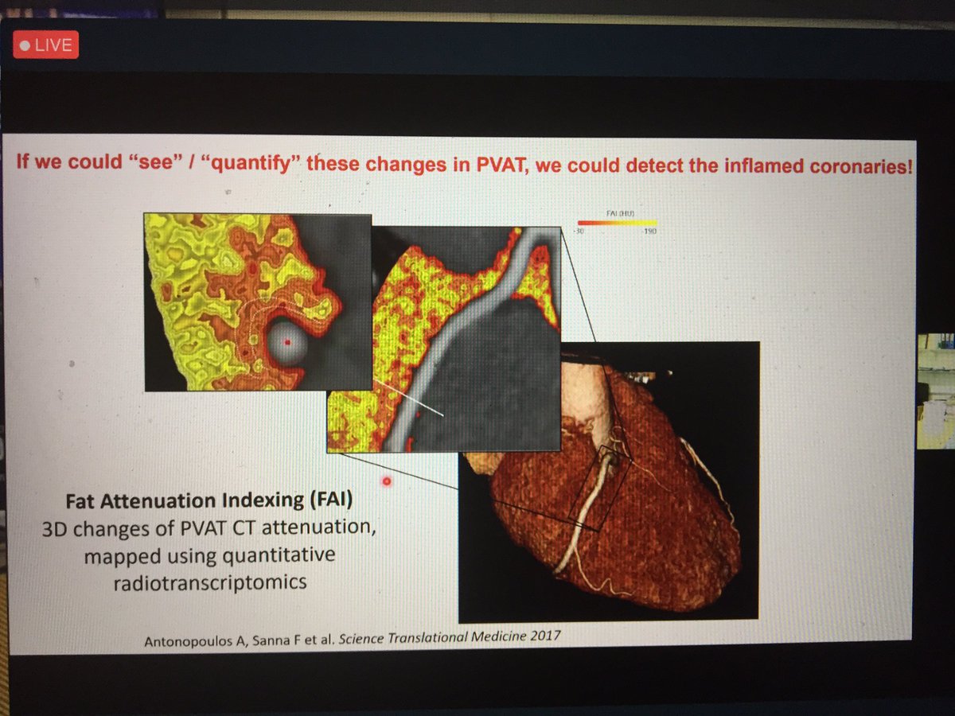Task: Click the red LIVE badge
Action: click(45, 45)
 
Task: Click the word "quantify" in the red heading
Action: click(245, 165)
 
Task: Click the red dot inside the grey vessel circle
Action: click(288, 340)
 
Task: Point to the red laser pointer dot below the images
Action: click(387, 481)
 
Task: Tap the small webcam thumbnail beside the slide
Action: click(936, 391)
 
